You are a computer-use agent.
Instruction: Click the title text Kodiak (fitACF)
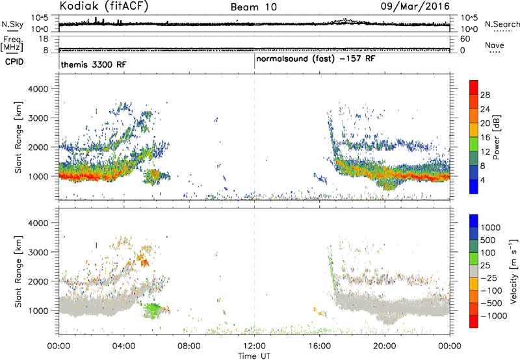point(104,6)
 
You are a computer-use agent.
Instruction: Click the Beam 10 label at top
point(253,7)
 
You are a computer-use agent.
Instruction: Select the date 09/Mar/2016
point(415,6)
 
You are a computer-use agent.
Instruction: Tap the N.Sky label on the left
point(12,24)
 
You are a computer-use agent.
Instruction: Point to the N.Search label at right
point(502,24)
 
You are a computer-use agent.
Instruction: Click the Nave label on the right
point(495,45)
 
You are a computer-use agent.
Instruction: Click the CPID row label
point(14,62)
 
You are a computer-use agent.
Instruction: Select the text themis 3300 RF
point(94,64)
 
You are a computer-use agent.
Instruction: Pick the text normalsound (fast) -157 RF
point(316,59)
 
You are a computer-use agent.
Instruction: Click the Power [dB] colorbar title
point(496,137)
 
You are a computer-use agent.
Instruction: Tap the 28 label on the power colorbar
point(485,95)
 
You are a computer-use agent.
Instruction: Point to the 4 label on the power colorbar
point(482,180)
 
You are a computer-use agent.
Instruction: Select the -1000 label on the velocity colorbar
point(493,316)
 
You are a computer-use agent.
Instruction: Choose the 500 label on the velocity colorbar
point(488,240)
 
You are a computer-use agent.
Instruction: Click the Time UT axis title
point(254,356)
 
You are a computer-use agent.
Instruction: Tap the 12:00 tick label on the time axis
point(254,346)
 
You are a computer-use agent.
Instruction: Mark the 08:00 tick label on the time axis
point(189,346)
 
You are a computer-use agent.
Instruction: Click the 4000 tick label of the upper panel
point(38,89)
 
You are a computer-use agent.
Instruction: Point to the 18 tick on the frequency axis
point(44,39)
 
